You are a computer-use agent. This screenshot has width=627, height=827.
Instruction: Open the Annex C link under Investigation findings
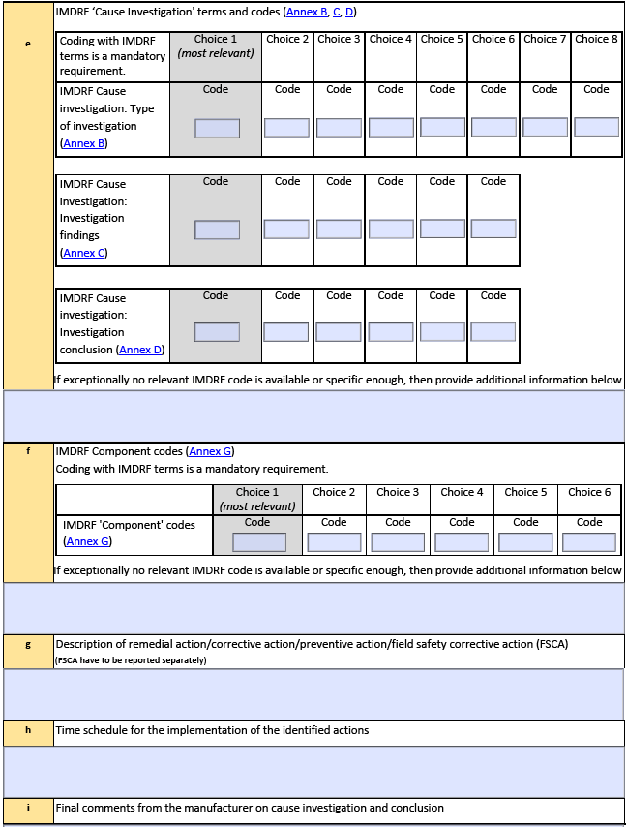click(83, 253)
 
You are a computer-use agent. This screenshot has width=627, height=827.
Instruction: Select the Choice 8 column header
click(596, 39)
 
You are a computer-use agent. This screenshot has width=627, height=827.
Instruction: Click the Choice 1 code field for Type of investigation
click(217, 128)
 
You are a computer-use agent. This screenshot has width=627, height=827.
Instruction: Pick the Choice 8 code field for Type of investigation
click(596, 127)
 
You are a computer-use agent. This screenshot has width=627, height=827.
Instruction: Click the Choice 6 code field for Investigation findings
click(493, 229)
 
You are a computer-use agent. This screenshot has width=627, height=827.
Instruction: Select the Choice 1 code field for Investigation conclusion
click(217, 332)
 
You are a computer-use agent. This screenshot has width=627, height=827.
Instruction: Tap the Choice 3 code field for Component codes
click(398, 542)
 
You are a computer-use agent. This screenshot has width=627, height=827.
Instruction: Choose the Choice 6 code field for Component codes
click(589, 542)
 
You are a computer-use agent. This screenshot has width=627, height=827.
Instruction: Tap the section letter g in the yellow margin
click(27, 644)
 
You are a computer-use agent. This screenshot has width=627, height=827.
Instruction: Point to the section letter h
click(27, 729)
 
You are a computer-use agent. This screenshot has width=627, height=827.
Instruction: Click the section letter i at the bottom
click(27, 807)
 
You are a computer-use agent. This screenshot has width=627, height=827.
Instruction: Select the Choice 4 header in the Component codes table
click(462, 492)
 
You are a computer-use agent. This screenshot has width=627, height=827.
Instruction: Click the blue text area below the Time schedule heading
click(313, 772)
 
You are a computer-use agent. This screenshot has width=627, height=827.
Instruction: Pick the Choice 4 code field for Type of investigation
click(391, 128)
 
